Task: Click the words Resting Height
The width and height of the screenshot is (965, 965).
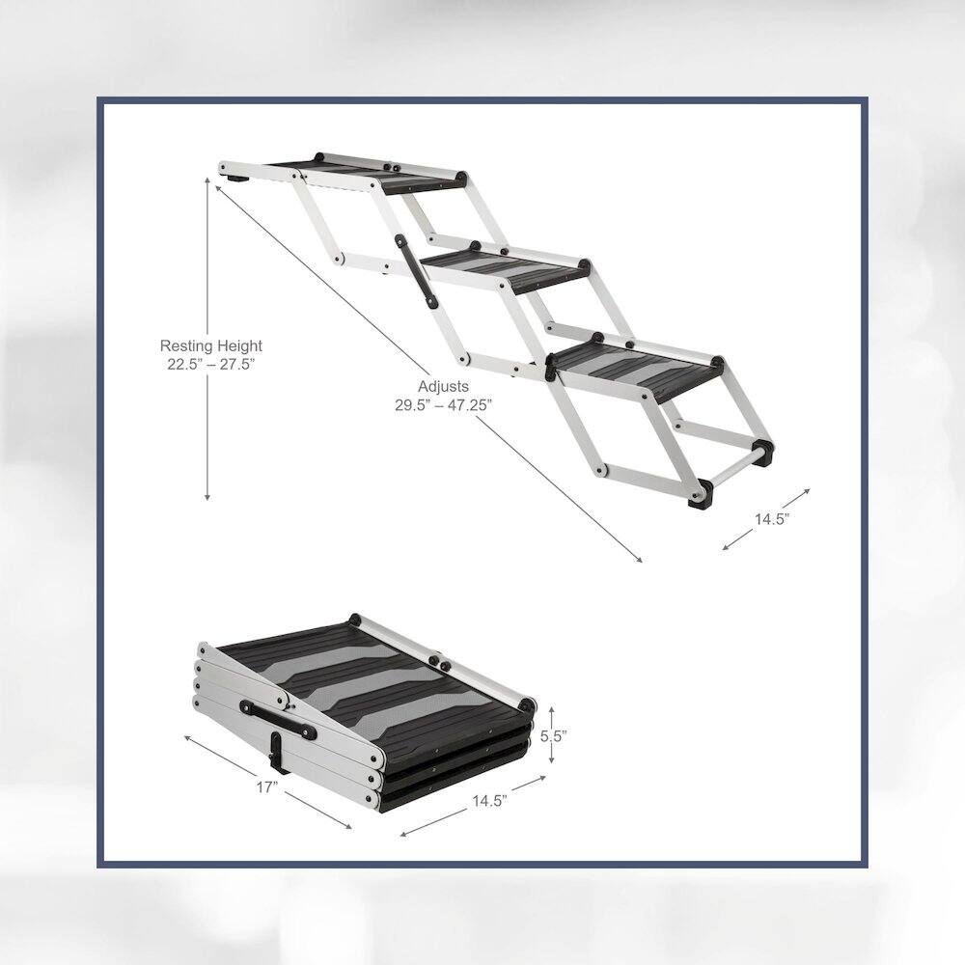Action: coord(211,345)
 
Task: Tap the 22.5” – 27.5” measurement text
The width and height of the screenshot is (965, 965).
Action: coord(211,365)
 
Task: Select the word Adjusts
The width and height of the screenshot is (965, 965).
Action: coord(443,387)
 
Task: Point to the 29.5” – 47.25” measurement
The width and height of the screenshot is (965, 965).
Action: coord(444,405)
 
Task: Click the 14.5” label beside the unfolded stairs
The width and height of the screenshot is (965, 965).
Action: coord(772,519)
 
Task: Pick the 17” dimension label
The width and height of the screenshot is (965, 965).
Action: coord(267,787)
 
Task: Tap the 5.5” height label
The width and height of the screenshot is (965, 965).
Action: coord(553,735)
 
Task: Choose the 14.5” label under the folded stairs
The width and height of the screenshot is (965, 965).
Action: coord(490,801)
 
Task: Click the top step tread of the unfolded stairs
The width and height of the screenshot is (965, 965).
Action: coord(370,173)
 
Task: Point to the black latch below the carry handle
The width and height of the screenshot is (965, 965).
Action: coord(278,753)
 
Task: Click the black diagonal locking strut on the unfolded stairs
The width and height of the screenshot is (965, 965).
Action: coord(416,271)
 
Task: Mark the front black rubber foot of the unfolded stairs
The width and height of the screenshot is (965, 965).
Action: coord(700,495)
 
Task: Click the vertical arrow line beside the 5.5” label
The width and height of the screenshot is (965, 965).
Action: coord(551,734)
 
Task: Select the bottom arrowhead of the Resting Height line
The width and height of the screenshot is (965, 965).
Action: coord(207,496)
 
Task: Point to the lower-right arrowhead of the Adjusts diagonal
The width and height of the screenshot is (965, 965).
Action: coord(639,560)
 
